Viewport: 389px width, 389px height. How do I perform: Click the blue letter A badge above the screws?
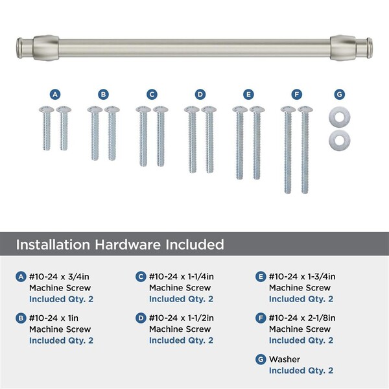(55, 95)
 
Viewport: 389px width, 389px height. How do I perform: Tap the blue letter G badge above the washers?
(339, 95)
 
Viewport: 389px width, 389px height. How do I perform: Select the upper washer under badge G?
(339, 117)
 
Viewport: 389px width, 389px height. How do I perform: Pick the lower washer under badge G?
(339, 140)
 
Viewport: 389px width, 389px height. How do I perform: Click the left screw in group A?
(47, 128)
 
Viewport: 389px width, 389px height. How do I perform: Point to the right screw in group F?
(305, 150)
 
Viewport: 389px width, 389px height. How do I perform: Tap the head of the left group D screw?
(192, 109)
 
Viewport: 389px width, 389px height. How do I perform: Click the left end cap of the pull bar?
(19, 48)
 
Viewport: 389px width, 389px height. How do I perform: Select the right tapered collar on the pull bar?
(344, 48)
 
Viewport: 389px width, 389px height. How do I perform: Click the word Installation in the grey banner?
(53, 244)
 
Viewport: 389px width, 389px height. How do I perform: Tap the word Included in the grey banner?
(194, 244)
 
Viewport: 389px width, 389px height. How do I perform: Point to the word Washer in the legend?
(285, 359)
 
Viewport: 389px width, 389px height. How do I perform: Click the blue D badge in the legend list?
(141, 318)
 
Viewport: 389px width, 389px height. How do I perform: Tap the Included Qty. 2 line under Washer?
(301, 370)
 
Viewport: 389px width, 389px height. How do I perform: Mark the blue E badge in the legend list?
(261, 277)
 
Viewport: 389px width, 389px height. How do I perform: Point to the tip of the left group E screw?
(239, 178)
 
